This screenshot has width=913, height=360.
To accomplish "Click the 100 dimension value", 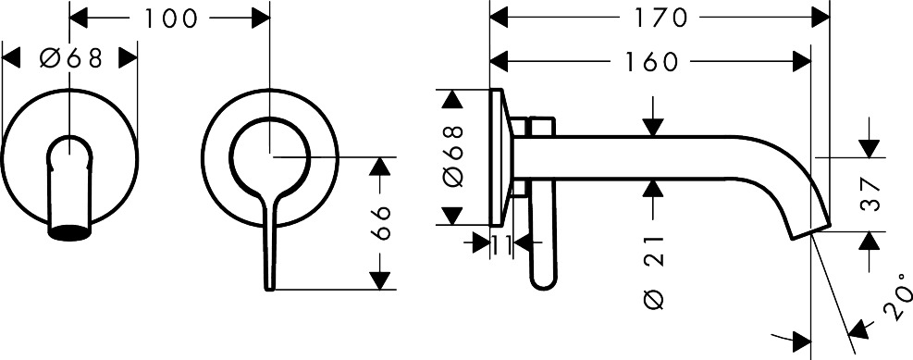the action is pos(170,19).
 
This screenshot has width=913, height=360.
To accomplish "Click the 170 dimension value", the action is pos(660,18).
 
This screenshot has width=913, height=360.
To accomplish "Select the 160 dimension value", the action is pos(651,61).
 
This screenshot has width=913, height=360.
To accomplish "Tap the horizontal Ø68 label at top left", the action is pos(71,58).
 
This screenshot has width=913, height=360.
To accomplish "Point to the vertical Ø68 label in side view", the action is pos(453,156).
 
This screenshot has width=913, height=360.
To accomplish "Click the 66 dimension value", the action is pos(380,223).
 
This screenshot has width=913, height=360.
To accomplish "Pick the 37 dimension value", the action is pos(869,195).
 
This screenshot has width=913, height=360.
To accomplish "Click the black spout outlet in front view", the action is pos(69,232).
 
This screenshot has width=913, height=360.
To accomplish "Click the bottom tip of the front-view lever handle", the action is pos(269,289).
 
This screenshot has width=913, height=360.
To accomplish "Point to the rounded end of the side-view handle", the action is pos(543,282).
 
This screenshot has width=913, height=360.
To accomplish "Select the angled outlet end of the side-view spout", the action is pos(810,232).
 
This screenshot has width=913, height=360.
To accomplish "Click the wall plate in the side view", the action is pos(496,157).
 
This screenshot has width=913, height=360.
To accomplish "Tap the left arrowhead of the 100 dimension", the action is pos(78,19).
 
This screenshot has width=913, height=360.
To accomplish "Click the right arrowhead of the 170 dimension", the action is pos(821,18).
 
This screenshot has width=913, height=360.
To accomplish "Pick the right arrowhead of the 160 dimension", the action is pos(801,61).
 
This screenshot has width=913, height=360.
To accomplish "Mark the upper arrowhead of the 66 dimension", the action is pos(380,166).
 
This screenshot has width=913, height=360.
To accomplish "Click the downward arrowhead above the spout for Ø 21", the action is pos(653,127).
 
